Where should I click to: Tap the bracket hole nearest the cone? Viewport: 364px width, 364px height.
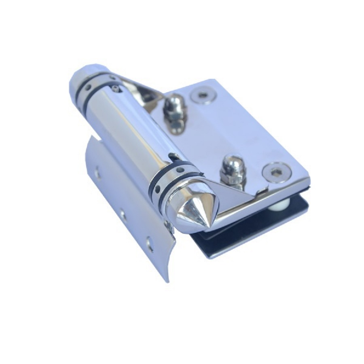(149, 243)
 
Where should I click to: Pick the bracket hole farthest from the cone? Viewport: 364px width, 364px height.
(97, 174)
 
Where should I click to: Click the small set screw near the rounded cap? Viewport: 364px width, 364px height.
(116, 88)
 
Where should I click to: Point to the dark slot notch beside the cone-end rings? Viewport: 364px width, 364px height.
(173, 156)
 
